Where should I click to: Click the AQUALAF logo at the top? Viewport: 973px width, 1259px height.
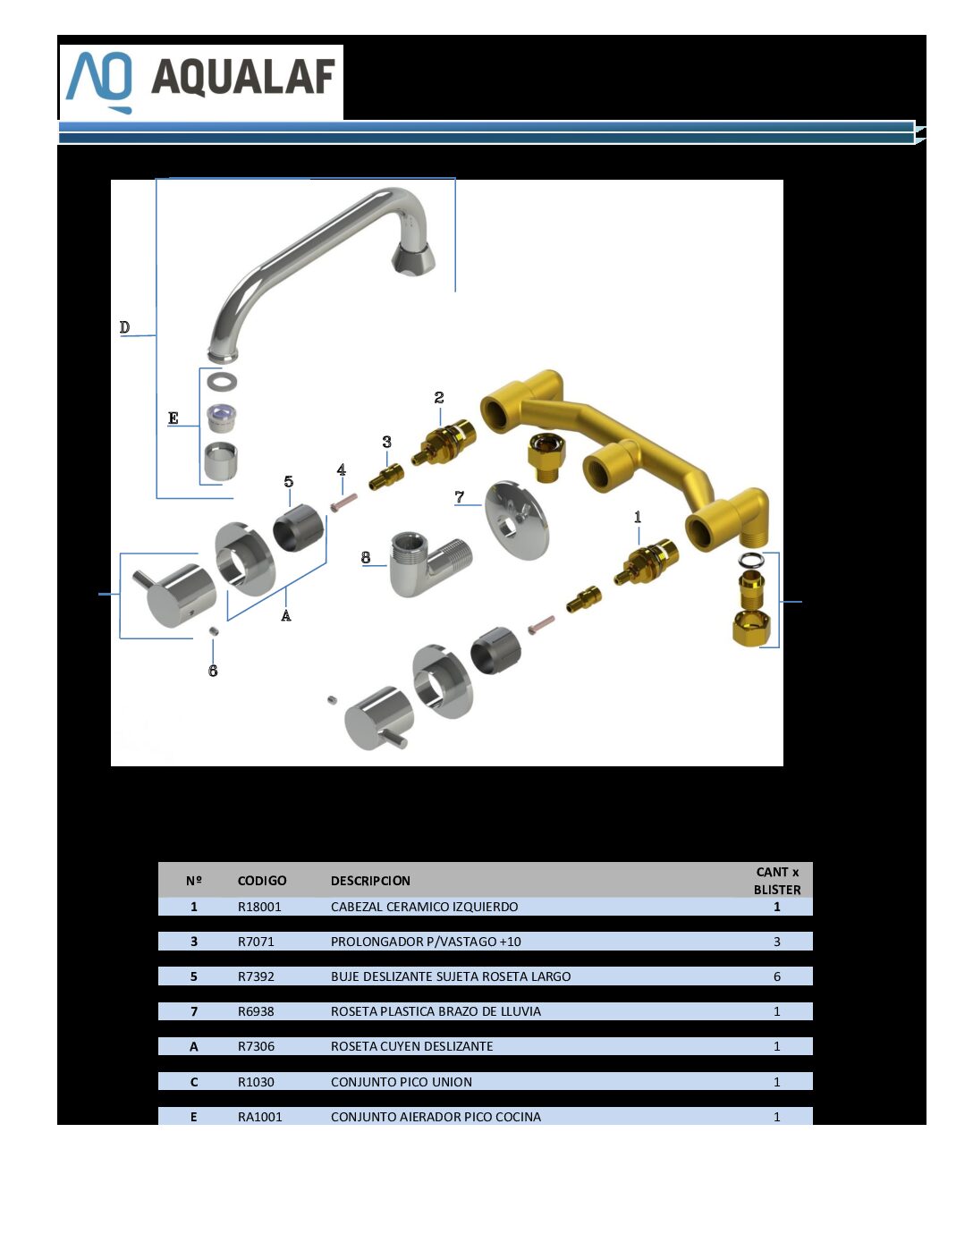pyautogui.click(x=200, y=82)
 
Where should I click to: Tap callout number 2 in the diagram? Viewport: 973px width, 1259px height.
pyautogui.click(x=439, y=397)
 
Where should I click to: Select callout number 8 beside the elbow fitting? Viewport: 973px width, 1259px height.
pyautogui.click(x=366, y=557)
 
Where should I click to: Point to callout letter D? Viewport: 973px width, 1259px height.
pyautogui.click(x=124, y=327)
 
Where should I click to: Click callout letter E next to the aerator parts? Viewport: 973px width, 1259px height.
pyautogui.click(x=173, y=418)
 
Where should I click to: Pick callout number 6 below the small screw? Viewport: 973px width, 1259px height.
pyautogui.click(x=213, y=671)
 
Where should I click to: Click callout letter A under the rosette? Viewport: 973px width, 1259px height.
pyautogui.click(x=286, y=615)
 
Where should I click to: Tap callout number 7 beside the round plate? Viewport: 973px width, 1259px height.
pyautogui.click(x=460, y=496)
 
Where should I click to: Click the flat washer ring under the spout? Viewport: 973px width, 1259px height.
pyautogui.click(x=222, y=382)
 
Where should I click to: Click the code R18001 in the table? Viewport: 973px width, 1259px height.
pyautogui.click(x=259, y=907)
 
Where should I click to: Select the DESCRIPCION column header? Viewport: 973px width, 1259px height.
pyautogui.click(x=370, y=881)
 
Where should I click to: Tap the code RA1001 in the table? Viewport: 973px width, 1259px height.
pyautogui.click(x=259, y=1117)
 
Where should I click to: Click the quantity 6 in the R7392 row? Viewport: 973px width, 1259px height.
pyautogui.click(x=777, y=976)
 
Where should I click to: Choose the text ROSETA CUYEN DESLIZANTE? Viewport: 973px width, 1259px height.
pyautogui.click(x=411, y=1046)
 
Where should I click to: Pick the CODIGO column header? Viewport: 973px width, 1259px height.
pyautogui.click(x=262, y=881)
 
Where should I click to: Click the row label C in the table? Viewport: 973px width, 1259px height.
pyautogui.click(x=194, y=1082)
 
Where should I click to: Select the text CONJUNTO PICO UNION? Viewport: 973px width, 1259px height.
pyautogui.click(x=401, y=1082)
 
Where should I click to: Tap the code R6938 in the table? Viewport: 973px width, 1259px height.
pyautogui.click(x=256, y=1011)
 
